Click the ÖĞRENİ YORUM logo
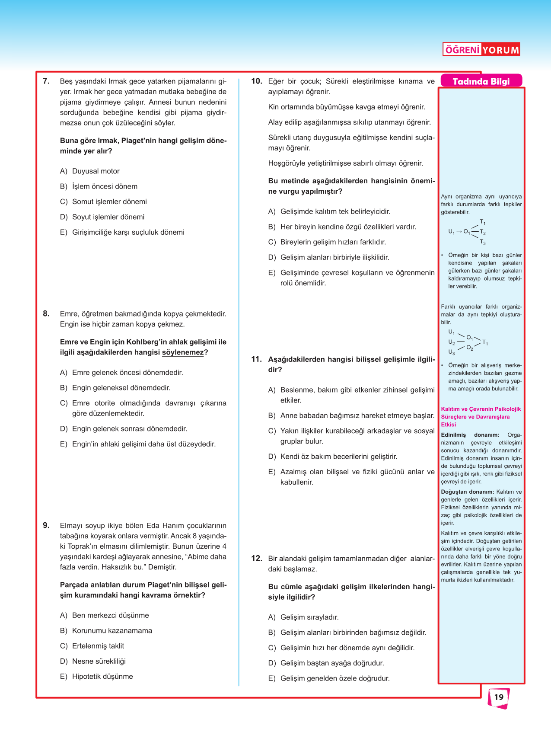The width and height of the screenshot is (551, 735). pos(481,49)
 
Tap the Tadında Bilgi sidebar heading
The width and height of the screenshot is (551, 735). pos(481,81)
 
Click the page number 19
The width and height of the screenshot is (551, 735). pos(499,697)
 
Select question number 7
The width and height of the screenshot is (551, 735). pos(46,81)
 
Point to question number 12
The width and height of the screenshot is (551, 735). pos(257,558)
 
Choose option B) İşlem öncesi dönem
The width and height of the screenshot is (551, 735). pos(99,186)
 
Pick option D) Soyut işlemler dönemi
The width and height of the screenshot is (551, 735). pos(102,217)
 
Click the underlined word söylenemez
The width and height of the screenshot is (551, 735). pos(183,352)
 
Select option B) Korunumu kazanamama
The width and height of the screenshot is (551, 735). pos(106,630)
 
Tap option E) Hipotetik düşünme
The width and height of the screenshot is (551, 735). pos(96,676)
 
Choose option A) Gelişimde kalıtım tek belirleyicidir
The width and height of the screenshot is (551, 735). pos(329,211)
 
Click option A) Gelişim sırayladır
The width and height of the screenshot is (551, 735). pos(303,617)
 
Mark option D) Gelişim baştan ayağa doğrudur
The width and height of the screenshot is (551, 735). pos(326,663)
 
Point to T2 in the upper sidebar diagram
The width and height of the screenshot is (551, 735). pos(483,232)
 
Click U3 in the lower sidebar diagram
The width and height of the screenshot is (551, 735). pos(452,352)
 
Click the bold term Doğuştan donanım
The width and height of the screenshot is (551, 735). pos(467,492)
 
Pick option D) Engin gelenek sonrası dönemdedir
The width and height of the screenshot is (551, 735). pos(124,428)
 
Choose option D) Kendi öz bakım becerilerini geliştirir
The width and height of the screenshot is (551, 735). pos(333,457)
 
